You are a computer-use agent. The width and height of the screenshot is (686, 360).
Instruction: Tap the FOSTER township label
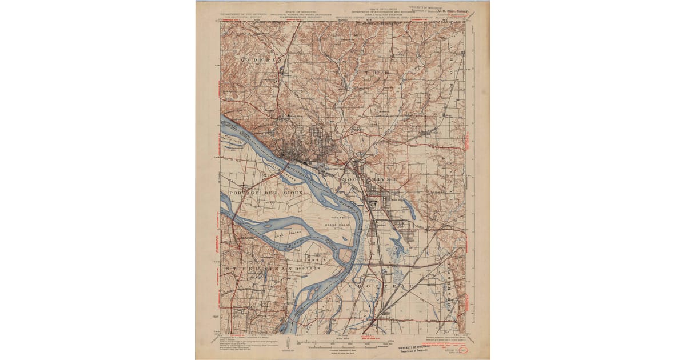[366, 74]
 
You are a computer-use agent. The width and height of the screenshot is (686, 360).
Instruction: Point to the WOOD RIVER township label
[369, 179]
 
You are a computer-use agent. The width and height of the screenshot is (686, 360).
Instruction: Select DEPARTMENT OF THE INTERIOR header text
[243, 11]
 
